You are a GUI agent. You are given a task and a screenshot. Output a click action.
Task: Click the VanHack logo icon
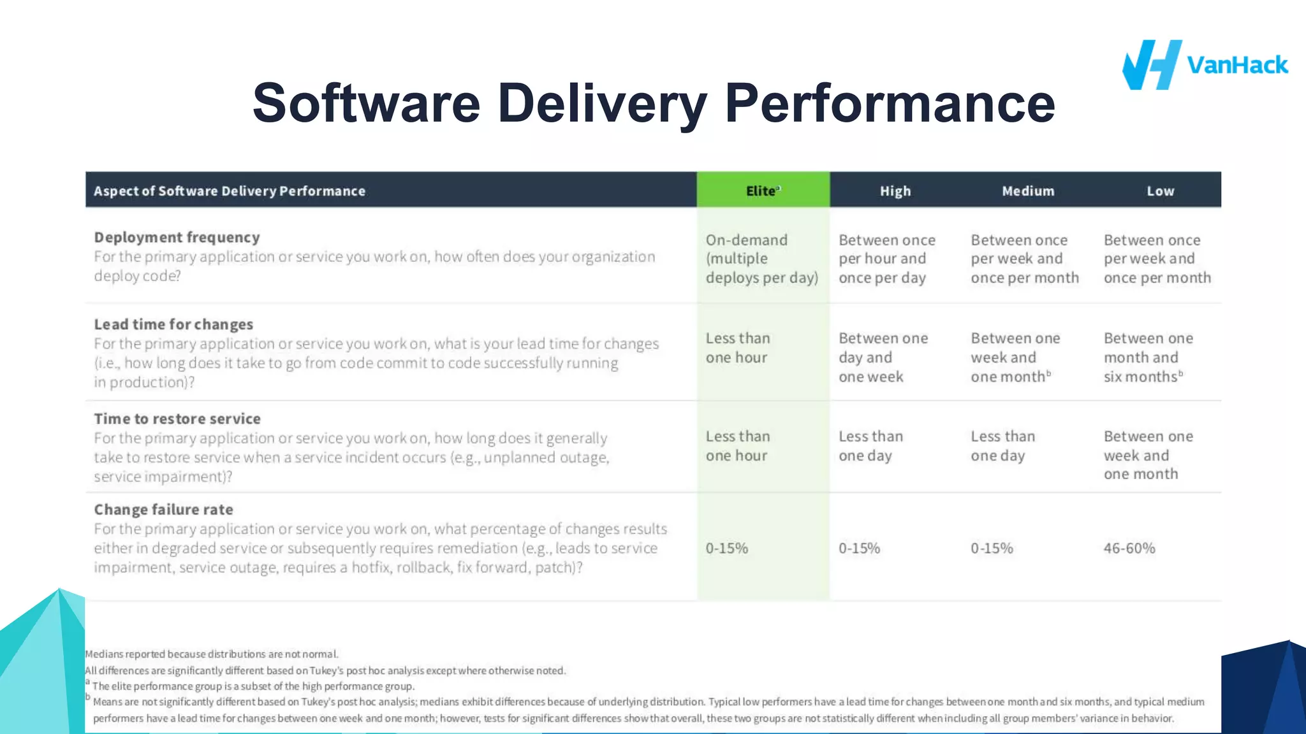tap(1152, 65)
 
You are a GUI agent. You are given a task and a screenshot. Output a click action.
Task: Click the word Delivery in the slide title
tap(601, 103)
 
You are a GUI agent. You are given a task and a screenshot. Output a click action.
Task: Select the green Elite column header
tap(763, 191)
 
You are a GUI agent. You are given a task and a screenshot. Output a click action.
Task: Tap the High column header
tap(895, 191)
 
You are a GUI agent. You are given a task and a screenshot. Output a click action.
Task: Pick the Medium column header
tap(1027, 191)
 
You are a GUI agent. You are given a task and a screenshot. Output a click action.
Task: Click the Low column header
tap(1160, 191)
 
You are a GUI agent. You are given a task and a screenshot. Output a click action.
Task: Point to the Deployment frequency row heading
tap(177, 237)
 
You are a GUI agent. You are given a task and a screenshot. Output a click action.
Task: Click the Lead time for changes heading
tap(173, 324)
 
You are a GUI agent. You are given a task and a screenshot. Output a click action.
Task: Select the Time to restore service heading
tap(177, 419)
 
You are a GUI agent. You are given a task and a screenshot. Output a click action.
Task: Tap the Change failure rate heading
tap(163, 509)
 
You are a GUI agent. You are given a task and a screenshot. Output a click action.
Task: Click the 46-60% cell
tap(1129, 548)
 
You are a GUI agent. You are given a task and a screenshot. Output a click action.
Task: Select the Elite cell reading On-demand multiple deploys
tap(761, 259)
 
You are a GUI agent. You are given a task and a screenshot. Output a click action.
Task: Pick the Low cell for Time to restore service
tap(1148, 455)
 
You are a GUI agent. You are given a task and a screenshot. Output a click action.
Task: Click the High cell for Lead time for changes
tap(883, 357)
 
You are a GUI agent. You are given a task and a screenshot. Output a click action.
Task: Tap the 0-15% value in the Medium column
tap(992, 548)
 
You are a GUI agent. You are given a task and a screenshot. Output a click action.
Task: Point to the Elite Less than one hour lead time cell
tap(737, 348)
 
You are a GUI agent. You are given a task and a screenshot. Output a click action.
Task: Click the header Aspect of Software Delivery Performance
tap(230, 191)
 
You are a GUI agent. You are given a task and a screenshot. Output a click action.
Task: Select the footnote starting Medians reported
tap(212, 654)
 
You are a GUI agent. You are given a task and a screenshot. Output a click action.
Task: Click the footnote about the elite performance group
tap(253, 686)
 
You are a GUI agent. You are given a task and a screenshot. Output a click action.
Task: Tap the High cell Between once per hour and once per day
tap(886, 259)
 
